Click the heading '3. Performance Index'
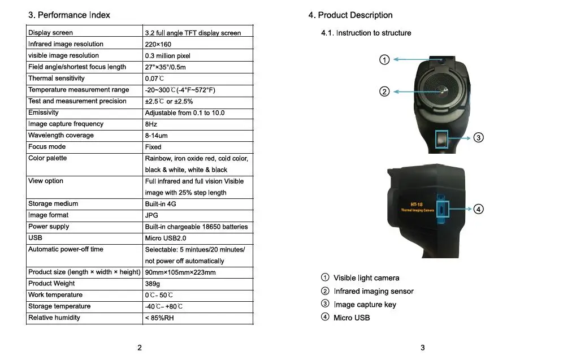69,15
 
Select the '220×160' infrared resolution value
158,45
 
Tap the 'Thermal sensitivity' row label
57,78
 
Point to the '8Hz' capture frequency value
151,124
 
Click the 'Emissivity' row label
43,112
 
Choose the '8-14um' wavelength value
156,136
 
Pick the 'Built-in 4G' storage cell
161,204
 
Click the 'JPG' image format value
151,215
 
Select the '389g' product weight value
152,284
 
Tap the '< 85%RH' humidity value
159,318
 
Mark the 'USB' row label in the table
35,237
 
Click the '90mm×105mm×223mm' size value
180,272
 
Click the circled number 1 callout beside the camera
384,59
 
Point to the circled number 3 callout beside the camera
478,137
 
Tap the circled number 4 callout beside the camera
478,209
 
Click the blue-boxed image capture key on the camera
441,139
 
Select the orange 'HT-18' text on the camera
417,205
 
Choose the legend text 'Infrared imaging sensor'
374,291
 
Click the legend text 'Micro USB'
352,318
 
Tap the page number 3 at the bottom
423,348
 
